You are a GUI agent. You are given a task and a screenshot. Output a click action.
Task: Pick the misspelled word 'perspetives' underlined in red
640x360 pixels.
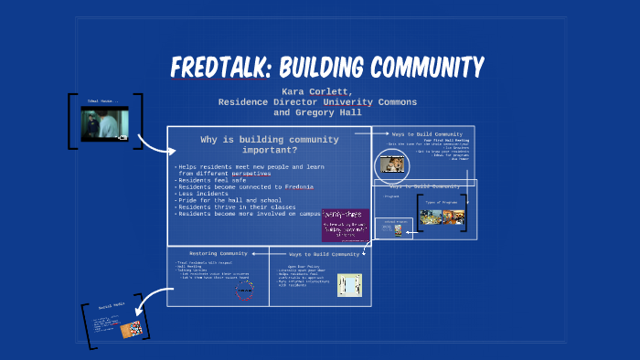pyautogui.click(x=251, y=174)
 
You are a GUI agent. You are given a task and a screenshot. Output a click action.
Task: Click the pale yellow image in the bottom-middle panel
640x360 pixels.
pyautogui.click(x=349, y=285)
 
